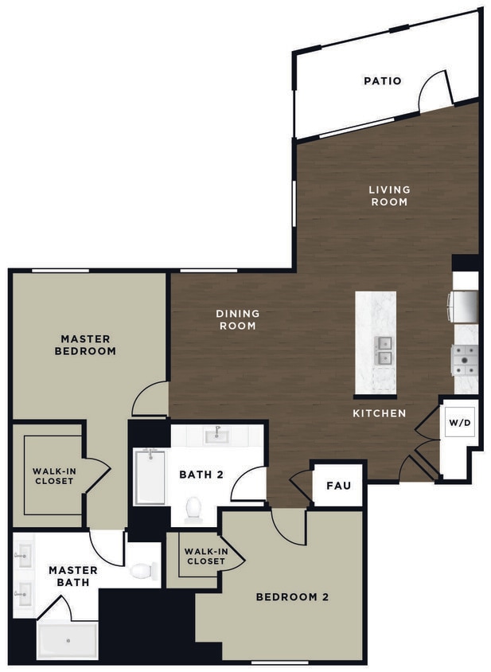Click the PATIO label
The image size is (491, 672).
[x=382, y=80]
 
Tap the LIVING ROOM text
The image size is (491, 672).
[x=389, y=196]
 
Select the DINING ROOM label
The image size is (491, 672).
[x=237, y=319]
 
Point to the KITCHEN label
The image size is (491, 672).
[x=380, y=413]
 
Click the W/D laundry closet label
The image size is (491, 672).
[x=461, y=423]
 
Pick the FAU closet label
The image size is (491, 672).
[x=339, y=484]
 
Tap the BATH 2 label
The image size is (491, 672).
[x=200, y=475]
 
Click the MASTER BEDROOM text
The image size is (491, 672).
[x=88, y=345]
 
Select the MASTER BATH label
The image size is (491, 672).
[x=72, y=576]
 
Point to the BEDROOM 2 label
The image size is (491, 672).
[x=292, y=596]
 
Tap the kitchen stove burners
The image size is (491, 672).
[x=465, y=359]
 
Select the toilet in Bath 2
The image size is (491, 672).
[x=193, y=509]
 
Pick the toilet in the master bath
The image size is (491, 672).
[x=143, y=570]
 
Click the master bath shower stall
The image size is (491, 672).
[x=68, y=640]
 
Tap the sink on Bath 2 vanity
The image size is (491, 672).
[x=217, y=434]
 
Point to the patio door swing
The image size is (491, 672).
[x=434, y=92]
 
